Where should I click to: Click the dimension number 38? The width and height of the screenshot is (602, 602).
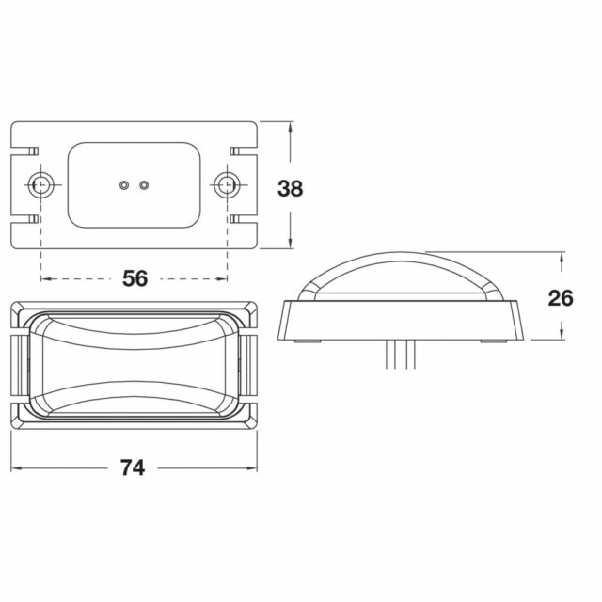pos(291,188)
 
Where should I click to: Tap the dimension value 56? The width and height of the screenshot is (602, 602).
pos(135,278)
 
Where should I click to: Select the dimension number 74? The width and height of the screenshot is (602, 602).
pos(133,467)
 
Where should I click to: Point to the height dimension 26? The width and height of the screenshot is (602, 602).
pos(561,298)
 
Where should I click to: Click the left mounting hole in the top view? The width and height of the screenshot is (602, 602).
pos(40,184)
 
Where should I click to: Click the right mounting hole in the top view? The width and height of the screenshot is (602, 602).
pos(227,184)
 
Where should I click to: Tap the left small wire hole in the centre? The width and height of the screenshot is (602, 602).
pos(123,185)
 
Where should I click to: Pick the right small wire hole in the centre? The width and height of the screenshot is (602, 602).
pos(144,185)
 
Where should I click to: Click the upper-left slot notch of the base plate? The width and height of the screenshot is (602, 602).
pos(24,150)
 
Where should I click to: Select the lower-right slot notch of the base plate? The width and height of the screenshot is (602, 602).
pos(244,219)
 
